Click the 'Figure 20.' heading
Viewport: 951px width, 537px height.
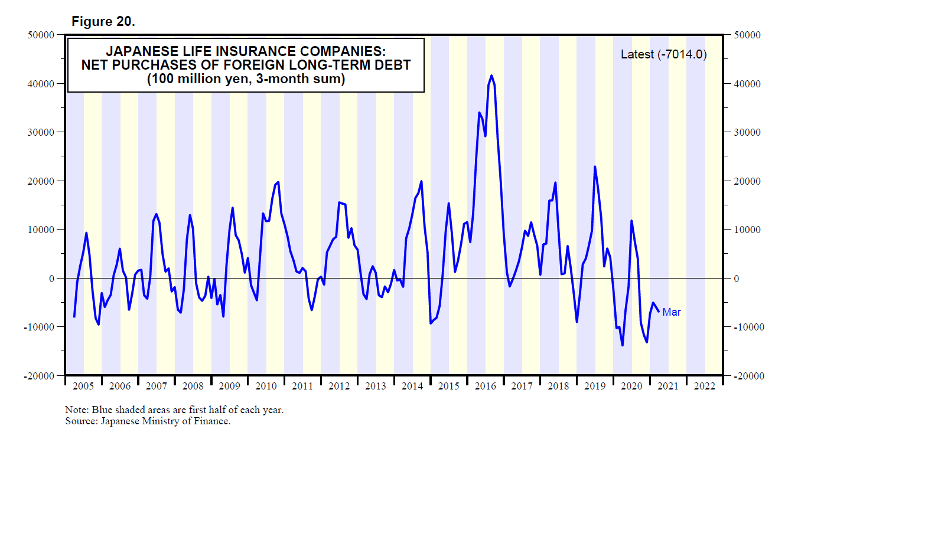[103, 21]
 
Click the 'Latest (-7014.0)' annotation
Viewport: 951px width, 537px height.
[663, 54]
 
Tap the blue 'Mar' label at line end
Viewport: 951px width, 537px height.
[671, 312]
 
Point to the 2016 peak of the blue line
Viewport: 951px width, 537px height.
[491, 76]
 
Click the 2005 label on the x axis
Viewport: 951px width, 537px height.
[83, 386]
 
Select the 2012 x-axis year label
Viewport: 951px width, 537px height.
[339, 386]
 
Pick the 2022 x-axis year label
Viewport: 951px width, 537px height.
[704, 386]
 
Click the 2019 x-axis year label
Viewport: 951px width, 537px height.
[595, 386]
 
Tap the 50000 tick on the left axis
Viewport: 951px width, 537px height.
[41, 35]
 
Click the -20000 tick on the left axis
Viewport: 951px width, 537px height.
[39, 376]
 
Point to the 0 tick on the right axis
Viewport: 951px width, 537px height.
[736, 279]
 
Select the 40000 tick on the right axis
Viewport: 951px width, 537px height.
[747, 84]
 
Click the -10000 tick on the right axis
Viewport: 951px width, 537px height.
[749, 327]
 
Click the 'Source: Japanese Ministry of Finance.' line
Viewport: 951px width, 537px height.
[148, 421]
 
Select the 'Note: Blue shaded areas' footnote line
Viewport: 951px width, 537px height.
[174, 410]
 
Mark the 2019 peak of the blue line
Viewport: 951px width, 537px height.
[595, 166]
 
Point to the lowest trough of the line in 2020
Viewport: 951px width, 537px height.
[622, 345]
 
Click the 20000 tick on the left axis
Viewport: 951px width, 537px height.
[41, 181]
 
